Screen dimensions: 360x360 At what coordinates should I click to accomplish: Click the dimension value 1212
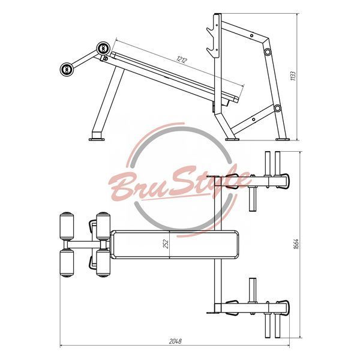(182, 59)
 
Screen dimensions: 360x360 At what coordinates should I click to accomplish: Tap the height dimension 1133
(293, 76)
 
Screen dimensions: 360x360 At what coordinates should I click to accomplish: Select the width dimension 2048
(175, 341)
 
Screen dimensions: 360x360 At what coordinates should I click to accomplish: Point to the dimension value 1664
(296, 244)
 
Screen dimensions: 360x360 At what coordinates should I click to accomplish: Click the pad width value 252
(166, 244)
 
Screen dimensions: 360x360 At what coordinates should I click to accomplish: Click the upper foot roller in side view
(103, 48)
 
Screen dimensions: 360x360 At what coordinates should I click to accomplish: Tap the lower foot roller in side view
(67, 69)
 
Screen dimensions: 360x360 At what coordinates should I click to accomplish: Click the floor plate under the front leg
(97, 139)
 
